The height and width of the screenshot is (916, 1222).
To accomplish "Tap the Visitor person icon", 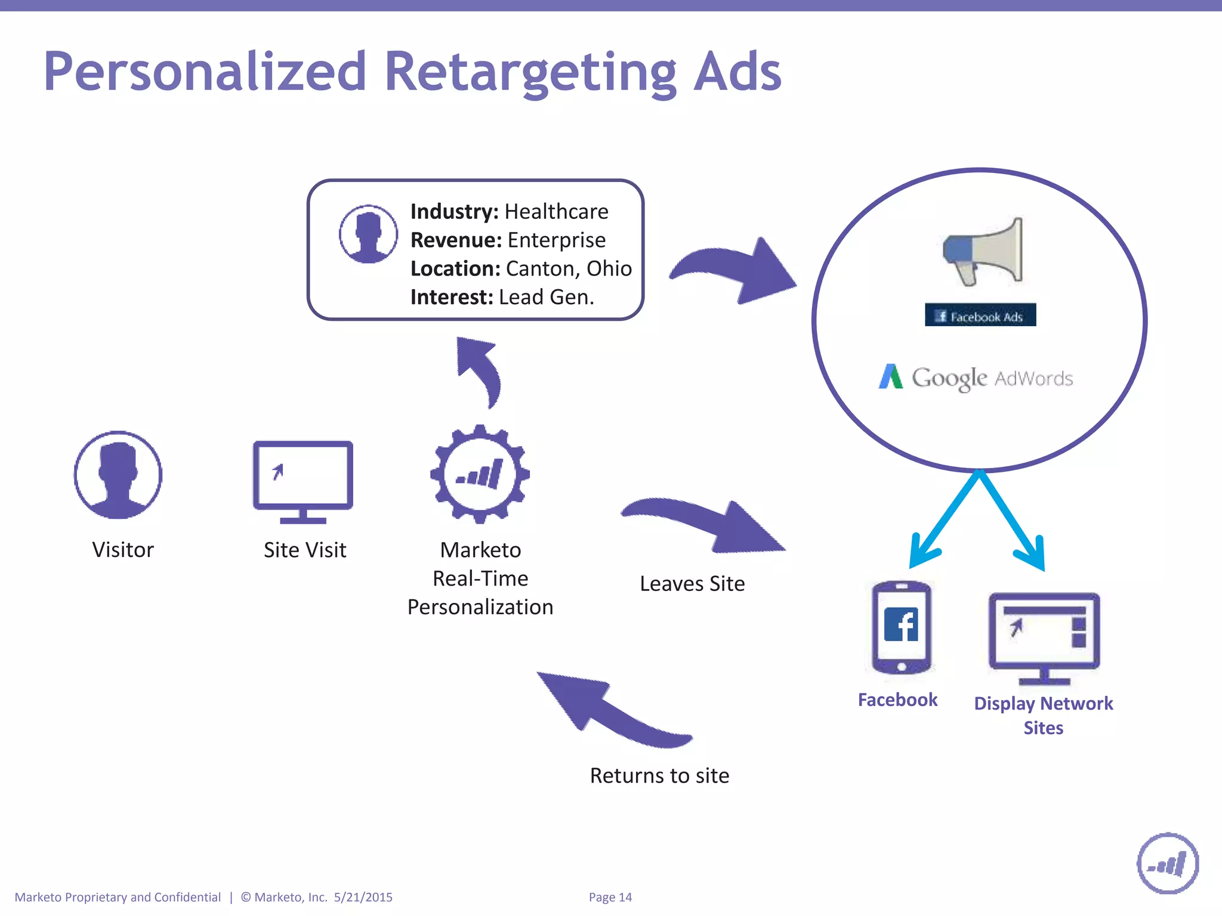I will click(118, 475).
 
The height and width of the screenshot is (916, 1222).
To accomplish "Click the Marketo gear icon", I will click(480, 475).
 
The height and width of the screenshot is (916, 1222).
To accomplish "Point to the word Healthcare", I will click(556, 212).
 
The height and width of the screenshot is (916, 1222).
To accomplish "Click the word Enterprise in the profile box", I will click(556, 240).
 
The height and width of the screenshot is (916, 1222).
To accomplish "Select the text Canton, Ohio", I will click(569, 269).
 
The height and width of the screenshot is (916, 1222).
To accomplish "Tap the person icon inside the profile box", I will click(368, 234).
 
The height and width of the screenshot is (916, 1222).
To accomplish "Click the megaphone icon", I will click(983, 252).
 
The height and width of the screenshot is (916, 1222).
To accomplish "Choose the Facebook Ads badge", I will click(980, 315).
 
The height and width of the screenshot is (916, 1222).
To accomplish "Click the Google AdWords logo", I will click(976, 377).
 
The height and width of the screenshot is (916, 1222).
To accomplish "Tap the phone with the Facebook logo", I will click(901, 627).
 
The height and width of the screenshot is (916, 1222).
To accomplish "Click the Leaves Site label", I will click(692, 584).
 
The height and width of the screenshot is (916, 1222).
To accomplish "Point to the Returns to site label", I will click(659, 776).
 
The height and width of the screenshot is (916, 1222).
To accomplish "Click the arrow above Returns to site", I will click(609, 710).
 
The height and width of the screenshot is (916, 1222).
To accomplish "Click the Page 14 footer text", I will click(610, 898).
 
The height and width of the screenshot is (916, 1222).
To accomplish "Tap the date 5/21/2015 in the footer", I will click(363, 898).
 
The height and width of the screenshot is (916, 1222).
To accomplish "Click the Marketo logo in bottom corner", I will click(1167, 864).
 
